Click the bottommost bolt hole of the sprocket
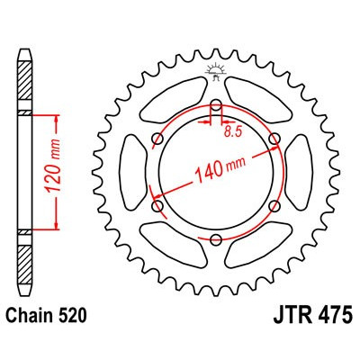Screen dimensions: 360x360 pos(217,239)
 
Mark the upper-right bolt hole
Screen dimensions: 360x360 pos(275,138)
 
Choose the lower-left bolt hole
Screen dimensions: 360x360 pos(158,206)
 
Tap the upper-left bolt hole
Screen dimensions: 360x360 pos(158,138)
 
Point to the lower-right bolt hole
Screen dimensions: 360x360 pos(275,206)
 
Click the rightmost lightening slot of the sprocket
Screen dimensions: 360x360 pos(303,172)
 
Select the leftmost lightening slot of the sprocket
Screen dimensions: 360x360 pos(130,172)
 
